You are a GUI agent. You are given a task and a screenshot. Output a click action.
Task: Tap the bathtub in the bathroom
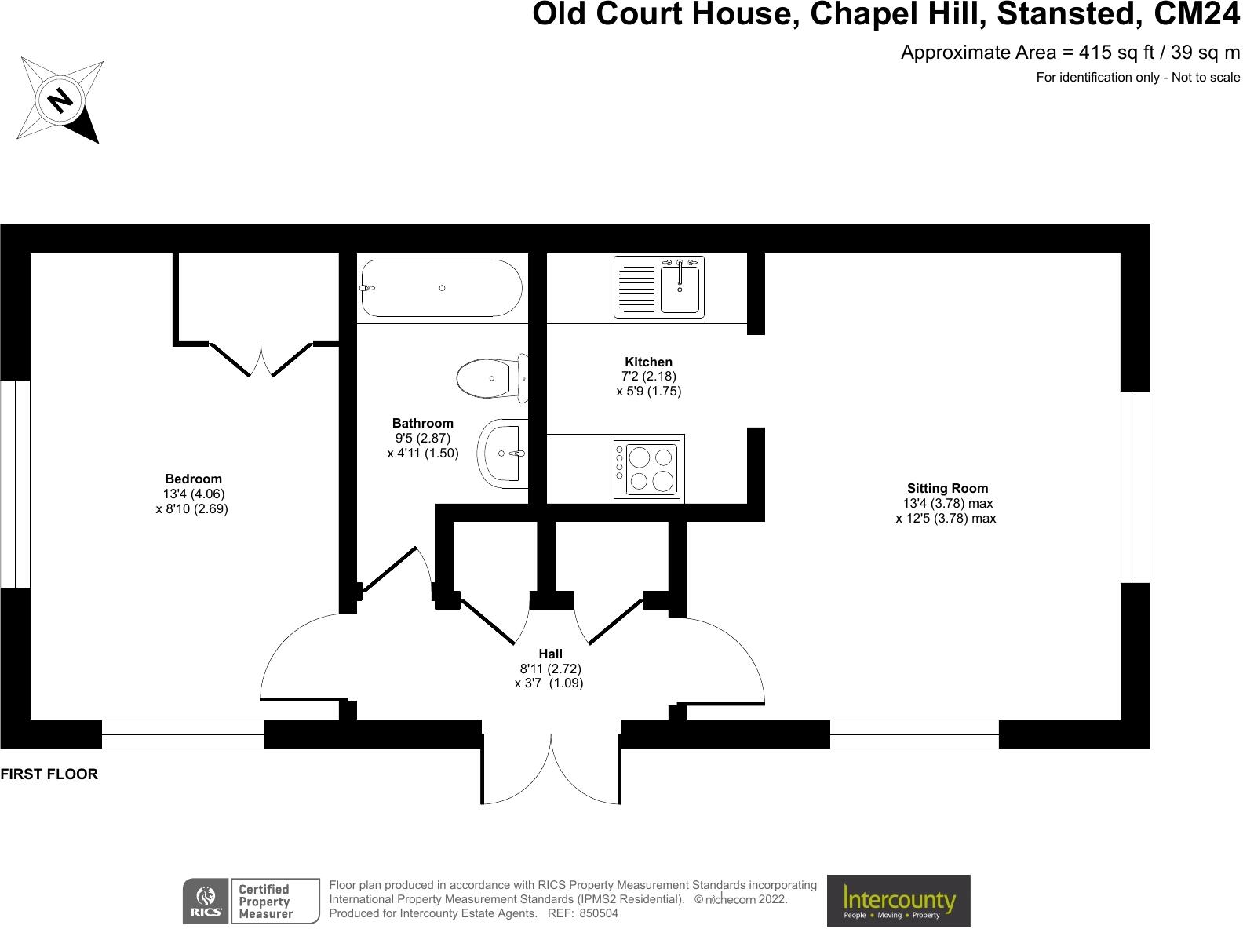click(440, 288)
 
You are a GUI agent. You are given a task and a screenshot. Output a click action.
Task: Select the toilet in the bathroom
click(491, 377)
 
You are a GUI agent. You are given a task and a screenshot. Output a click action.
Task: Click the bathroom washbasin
click(502, 452)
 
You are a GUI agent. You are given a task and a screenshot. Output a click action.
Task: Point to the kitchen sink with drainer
click(658, 287)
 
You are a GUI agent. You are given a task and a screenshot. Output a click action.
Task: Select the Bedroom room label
click(193, 479)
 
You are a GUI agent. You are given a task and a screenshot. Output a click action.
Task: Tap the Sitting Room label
click(947, 488)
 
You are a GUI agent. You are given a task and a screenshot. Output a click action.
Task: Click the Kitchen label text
click(648, 362)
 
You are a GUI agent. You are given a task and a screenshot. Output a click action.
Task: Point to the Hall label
click(550, 654)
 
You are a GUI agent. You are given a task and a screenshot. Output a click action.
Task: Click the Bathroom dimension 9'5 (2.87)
click(423, 438)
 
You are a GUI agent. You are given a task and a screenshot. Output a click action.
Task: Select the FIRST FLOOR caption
click(49, 774)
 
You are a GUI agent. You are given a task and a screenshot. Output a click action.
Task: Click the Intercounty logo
click(899, 901)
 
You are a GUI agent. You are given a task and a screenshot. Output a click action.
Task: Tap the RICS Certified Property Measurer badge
click(251, 901)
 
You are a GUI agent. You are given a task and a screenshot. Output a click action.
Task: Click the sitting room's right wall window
click(1135, 486)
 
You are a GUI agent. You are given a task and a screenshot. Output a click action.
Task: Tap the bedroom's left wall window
click(15, 483)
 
